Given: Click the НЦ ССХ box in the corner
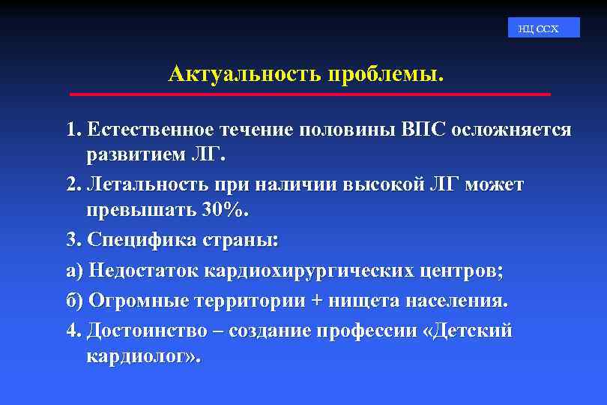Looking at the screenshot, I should [538, 28].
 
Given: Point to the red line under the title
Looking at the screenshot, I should [309, 94].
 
